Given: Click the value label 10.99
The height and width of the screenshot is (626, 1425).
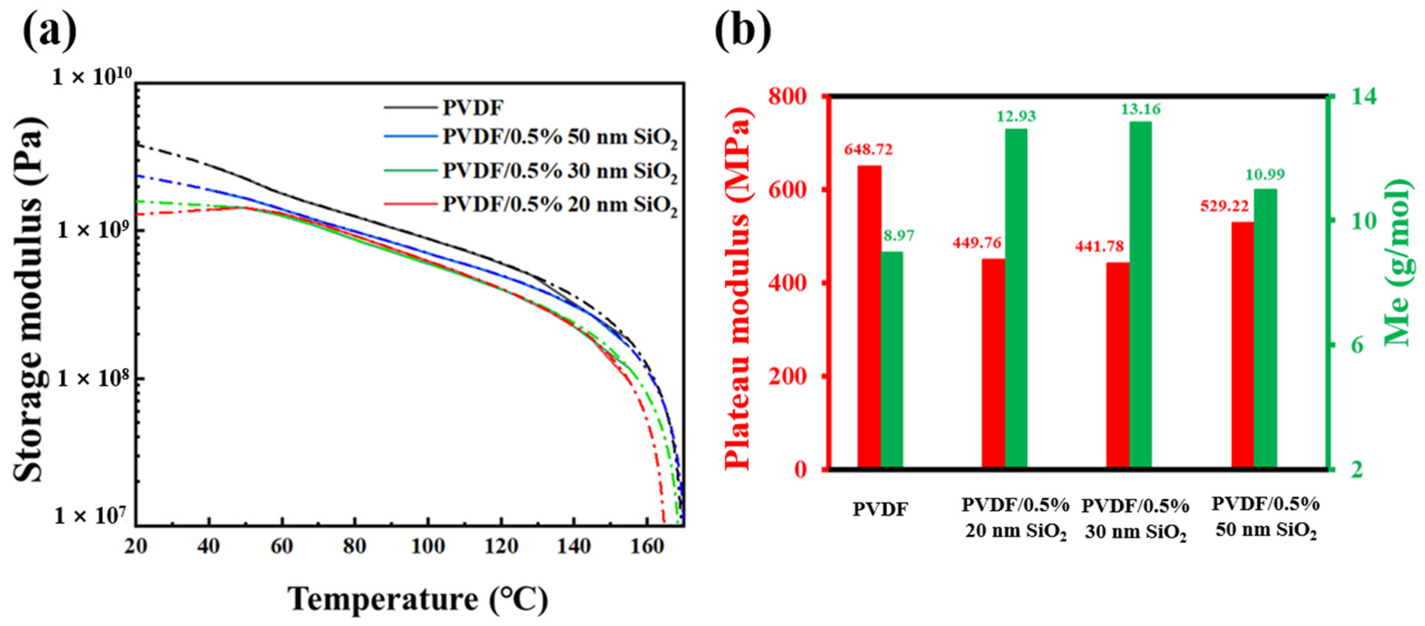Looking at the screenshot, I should pos(1265,175).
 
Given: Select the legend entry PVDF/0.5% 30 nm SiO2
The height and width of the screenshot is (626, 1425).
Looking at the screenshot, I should pos(559,171).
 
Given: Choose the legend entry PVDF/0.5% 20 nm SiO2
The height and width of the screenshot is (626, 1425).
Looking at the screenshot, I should pos(559,205).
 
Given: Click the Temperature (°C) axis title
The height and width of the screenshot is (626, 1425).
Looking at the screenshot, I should pos(418,599).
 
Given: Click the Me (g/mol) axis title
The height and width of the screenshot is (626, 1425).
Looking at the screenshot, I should pos(1398,263).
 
